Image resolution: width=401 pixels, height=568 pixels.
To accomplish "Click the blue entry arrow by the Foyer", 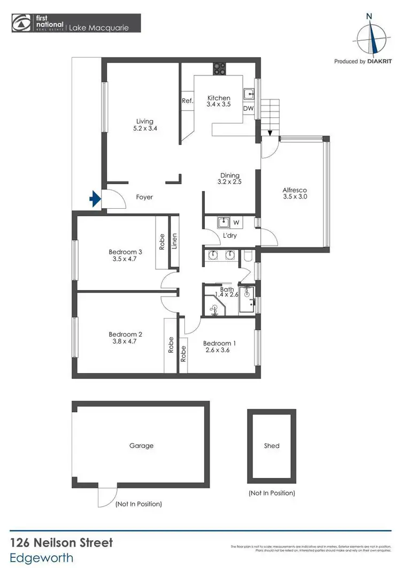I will (95, 199).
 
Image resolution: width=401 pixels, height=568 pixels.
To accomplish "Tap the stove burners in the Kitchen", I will (219, 68).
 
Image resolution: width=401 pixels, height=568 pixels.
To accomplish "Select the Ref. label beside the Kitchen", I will (187, 101).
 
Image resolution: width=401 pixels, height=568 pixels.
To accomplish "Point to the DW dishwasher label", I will (248, 108).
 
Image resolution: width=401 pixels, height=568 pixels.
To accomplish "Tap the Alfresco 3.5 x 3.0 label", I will (295, 193).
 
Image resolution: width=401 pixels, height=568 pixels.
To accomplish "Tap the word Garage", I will (141, 445).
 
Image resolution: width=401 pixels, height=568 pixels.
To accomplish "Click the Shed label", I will (272, 445).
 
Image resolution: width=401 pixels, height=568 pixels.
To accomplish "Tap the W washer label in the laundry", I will (236, 222).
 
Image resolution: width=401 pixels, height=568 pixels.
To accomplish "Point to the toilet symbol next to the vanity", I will (247, 256).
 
